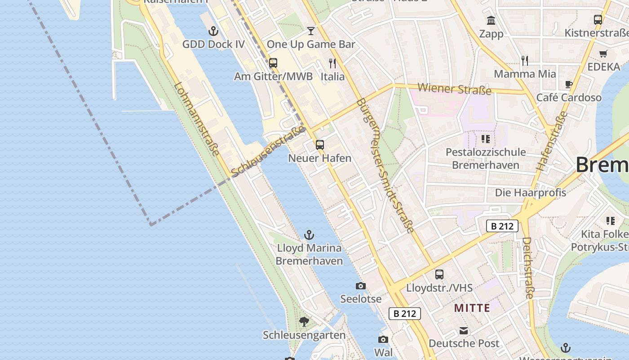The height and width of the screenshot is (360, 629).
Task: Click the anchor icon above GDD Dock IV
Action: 213,31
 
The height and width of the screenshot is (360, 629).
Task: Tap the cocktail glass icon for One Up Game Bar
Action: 311,31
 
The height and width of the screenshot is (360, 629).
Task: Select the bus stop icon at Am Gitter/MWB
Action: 273,63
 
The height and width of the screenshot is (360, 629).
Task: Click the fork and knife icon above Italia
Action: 332,63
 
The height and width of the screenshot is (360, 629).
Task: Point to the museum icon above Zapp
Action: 491,21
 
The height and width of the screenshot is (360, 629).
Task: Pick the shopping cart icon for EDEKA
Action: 603,54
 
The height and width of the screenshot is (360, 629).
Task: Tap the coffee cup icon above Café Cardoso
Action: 569,84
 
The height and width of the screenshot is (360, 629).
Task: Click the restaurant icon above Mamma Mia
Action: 525,60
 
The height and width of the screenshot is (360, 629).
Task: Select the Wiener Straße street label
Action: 454,89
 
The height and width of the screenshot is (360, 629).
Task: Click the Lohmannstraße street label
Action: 197,119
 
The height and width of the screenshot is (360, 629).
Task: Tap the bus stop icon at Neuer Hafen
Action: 320,145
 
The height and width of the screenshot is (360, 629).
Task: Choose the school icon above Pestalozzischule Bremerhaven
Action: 485,139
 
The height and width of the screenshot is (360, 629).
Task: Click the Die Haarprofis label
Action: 530,193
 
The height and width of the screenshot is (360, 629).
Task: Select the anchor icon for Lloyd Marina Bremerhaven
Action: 309,235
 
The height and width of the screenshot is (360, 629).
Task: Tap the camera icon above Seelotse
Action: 360,286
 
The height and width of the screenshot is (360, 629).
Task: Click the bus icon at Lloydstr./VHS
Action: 439,274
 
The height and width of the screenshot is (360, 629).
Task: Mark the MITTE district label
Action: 472,308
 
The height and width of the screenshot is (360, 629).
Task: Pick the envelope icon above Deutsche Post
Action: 464,331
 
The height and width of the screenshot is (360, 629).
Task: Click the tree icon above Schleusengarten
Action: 304,321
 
